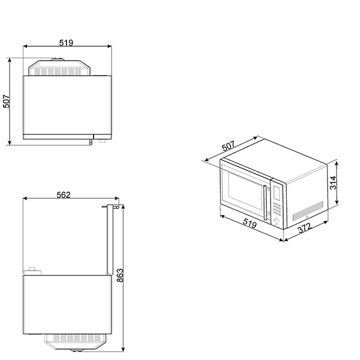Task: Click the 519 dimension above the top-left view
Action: (x=66, y=42)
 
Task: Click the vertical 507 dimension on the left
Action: (x=7, y=101)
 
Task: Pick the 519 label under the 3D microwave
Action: (x=250, y=225)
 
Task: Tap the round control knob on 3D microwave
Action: (x=277, y=221)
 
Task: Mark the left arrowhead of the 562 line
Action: (x=24, y=199)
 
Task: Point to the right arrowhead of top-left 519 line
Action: (x=111, y=47)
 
